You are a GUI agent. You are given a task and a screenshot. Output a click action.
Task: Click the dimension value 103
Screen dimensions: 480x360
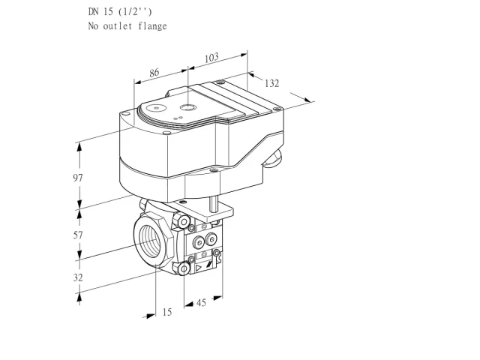(211, 58)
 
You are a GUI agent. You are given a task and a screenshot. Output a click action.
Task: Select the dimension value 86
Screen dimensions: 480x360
(154, 73)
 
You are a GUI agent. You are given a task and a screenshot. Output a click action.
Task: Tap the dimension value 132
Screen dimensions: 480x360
(271, 83)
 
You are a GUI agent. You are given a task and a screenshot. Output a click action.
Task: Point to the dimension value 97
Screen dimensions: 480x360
(78, 178)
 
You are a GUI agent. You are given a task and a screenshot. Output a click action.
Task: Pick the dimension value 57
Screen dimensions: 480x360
(78, 235)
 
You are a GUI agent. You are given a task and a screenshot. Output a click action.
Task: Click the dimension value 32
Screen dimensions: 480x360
(78, 277)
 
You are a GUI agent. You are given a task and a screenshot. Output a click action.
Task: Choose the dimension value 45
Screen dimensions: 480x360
(201, 303)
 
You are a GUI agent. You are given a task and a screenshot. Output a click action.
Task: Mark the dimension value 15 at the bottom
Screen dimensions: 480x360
(167, 312)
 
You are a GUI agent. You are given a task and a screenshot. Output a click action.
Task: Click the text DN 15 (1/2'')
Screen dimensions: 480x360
(120, 12)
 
